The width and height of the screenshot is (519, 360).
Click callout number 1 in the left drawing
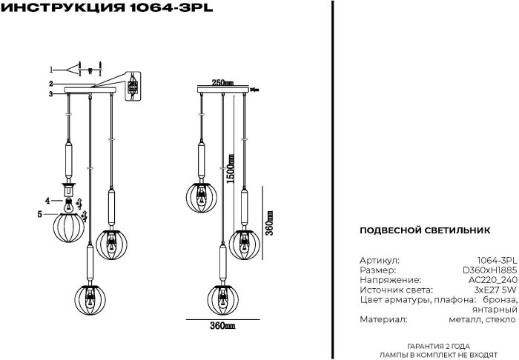pyautogui.click(x=52, y=67)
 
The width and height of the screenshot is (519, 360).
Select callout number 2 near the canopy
pyautogui.click(x=51, y=84)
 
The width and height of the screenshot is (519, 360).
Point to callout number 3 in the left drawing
pyautogui.click(x=51, y=94)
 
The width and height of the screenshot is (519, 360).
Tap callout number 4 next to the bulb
pyautogui.click(x=47, y=201)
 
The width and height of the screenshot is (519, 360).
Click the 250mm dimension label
pyautogui.click(x=222, y=82)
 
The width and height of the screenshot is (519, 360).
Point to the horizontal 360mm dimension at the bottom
pyautogui.click(x=222, y=326)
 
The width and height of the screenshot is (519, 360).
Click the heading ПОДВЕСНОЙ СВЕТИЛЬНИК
pyautogui.click(x=424, y=230)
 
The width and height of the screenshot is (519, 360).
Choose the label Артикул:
pyautogui.click(x=378, y=261)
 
